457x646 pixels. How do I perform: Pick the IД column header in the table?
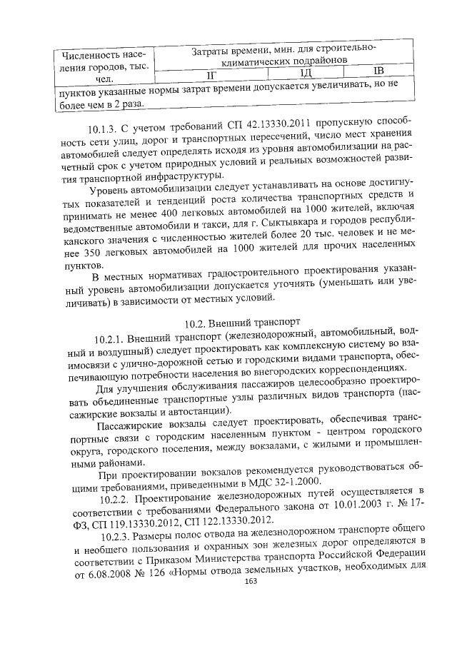(x=306, y=72)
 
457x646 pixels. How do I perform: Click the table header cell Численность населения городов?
(x=104, y=67)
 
